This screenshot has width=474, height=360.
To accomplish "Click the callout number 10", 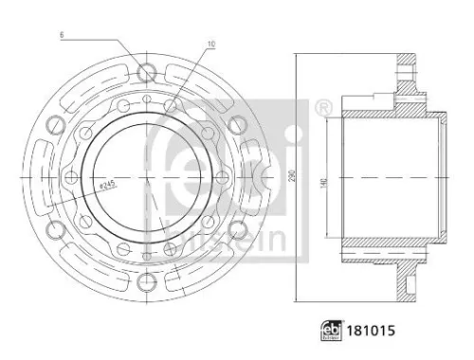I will point(210,44).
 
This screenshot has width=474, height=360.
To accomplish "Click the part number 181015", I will point(370,333).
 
